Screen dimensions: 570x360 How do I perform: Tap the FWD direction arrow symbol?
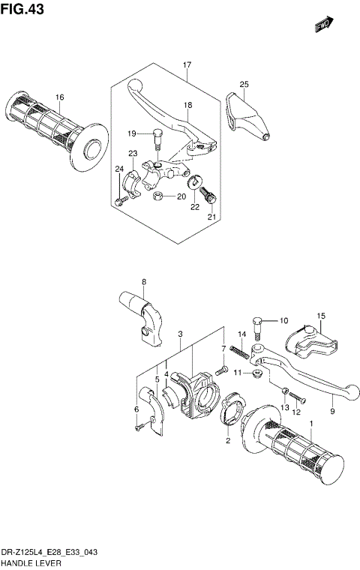[x=323, y=26]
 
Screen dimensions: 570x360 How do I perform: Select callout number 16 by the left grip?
[x=59, y=97]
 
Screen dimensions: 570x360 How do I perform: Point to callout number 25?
[x=244, y=84]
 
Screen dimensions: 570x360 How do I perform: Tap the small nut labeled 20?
[x=158, y=196]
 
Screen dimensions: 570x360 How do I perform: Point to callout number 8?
[x=145, y=282]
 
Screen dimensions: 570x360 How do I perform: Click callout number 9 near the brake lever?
[x=331, y=411]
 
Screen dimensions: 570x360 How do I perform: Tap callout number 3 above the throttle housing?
[x=181, y=334]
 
